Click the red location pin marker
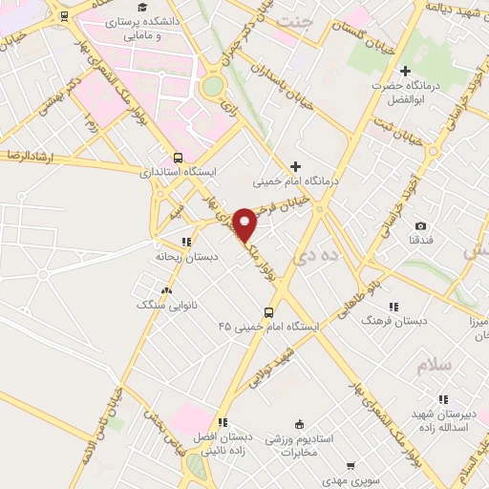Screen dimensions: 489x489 pyautogui.click(x=245, y=223)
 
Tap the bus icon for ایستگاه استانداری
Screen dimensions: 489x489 pyautogui.click(x=178, y=158)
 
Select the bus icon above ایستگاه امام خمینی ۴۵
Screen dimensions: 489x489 pyautogui.click(x=267, y=312)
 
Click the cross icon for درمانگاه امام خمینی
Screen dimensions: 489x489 pyautogui.click(x=295, y=166)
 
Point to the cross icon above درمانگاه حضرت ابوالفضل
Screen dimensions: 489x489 pyautogui.click(x=405, y=72)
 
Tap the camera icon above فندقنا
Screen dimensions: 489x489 pyautogui.click(x=420, y=225)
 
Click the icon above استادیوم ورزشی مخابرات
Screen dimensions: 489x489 pyautogui.click(x=299, y=424)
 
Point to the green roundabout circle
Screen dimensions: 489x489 pyautogui.click(x=212, y=86)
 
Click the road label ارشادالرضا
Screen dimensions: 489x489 pyautogui.click(x=30, y=154)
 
